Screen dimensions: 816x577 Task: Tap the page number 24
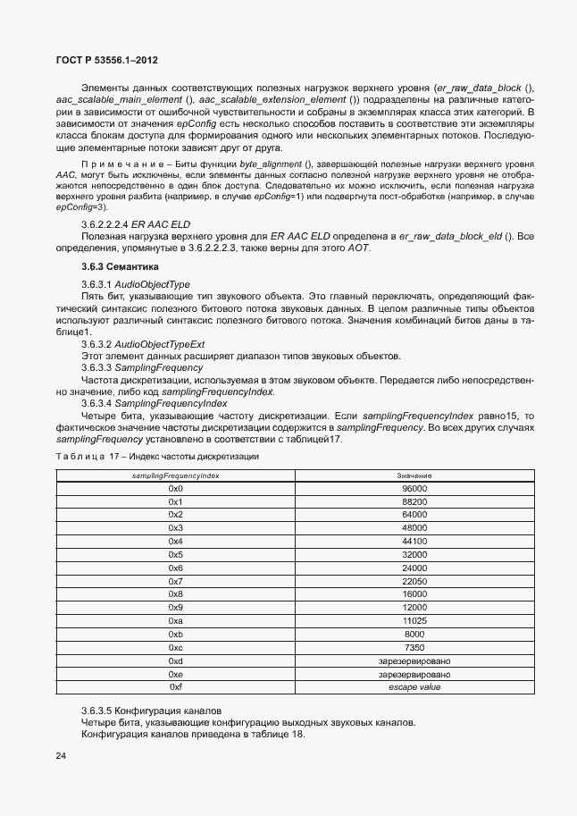point(61,756)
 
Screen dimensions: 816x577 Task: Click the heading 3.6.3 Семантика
point(120,266)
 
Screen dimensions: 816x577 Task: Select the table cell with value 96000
point(414,489)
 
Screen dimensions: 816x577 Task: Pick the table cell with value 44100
point(414,542)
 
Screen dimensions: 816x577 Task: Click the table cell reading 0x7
point(175,581)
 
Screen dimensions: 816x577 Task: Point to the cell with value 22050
point(414,581)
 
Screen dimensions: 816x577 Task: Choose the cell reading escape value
point(414,687)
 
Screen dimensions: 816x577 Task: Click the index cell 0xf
point(175,687)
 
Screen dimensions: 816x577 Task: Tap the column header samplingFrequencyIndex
point(175,475)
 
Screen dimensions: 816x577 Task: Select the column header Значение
point(414,475)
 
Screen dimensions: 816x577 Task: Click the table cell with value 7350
point(414,647)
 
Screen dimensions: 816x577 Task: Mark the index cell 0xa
point(175,621)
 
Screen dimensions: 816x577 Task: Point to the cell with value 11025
point(414,621)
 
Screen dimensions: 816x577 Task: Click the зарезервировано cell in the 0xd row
point(414,660)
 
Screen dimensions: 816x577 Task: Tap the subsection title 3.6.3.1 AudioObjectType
point(136,284)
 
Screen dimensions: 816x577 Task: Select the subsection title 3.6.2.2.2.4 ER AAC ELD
point(136,223)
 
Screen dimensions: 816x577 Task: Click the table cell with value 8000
point(414,634)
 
